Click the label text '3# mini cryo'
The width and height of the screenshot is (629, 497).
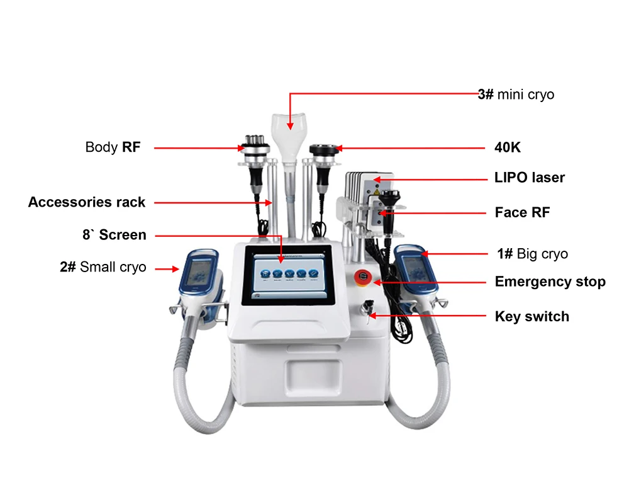pos(516,94)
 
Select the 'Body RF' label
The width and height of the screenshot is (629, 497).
pos(113,147)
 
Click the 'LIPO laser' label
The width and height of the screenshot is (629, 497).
pos(530,178)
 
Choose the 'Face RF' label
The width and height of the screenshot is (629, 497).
pos(522,212)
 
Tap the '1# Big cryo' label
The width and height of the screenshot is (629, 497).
pos(532,254)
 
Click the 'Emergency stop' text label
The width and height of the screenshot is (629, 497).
pos(550,282)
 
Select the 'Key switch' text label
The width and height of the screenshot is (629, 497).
pos(532,316)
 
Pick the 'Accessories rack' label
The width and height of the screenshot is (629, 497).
pos(87,202)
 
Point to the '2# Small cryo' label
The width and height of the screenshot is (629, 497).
pos(103,267)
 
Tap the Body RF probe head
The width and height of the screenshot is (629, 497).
pos(254,147)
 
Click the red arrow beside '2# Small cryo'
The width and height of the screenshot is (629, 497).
pos(165,269)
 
